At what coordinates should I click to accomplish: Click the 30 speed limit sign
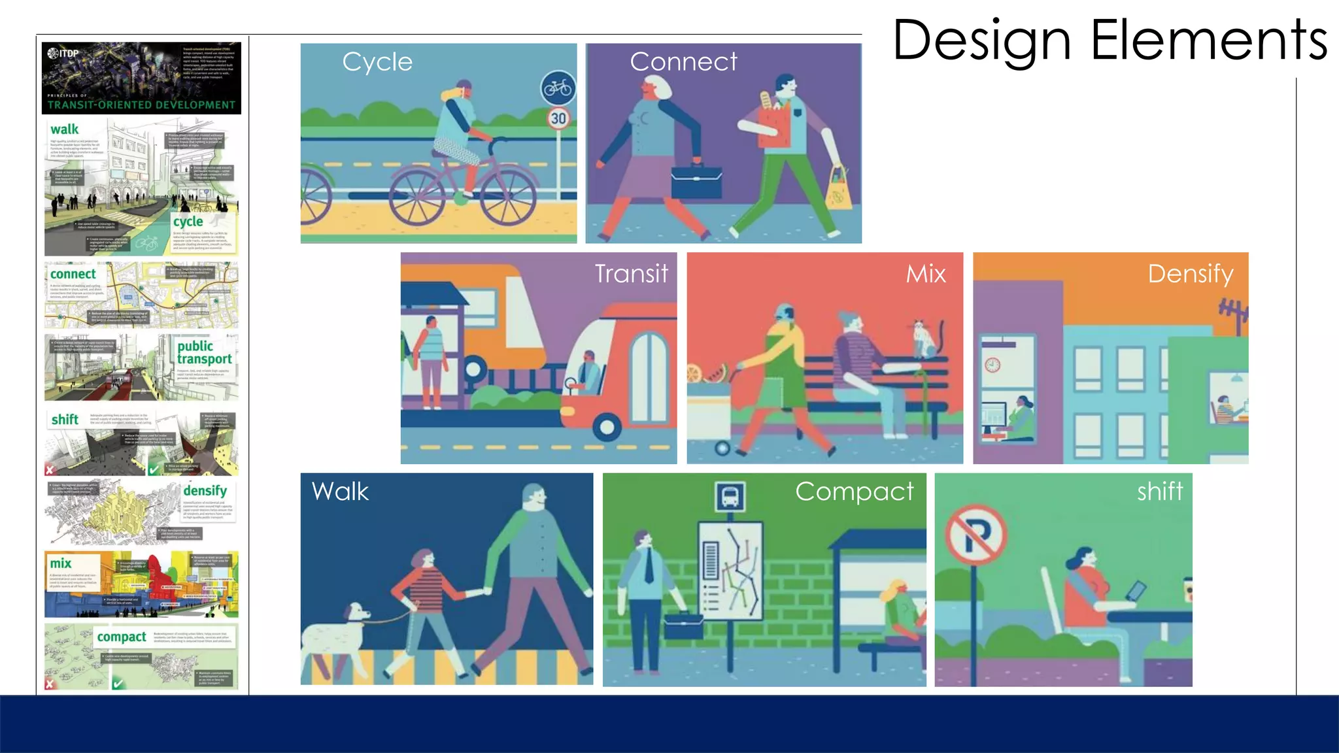pyautogui.click(x=558, y=118)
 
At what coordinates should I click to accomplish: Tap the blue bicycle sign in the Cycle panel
pyautogui.click(x=558, y=88)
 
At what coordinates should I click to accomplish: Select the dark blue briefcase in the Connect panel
pyautogui.click(x=697, y=180)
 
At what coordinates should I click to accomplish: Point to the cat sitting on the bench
pyautogui.click(x=923, y=338)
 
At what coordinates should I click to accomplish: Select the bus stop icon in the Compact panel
pyautogui.click(x=730, y=496)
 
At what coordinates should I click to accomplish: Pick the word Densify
pyautogui.click(x=1191, y=273)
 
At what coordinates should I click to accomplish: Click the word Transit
pyautogui.click(x=632, y=273)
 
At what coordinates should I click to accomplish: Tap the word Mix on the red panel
pyautogui.click(x=926, y=273)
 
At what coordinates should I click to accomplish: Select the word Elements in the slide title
pyautogui.click(x=1209, y=41)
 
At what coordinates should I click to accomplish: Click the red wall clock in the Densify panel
pyautogui.click(x=992, y=364)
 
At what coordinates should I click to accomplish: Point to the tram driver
pyautogui.click(x=588, y=373)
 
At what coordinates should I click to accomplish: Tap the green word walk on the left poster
pyautogui.click(x=65, y=129)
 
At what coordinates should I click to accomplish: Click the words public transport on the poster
pyautogui.click(x=203, y=352)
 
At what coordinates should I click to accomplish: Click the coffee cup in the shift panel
pyautogui.click(x=1187, y=590)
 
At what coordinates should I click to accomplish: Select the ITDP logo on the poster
pyautogui.click(x=63, y=53)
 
